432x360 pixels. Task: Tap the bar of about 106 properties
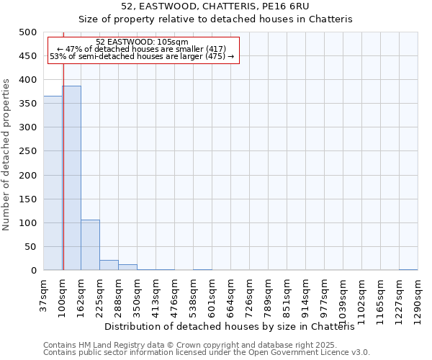(90, 245)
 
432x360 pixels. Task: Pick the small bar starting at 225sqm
(109, 265)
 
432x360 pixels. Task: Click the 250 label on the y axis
(28, 151)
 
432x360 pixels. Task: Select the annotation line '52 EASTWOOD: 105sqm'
(142, 42)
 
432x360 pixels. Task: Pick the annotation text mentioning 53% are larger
(142, 56)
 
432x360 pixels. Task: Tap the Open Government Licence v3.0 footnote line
(207, 353)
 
